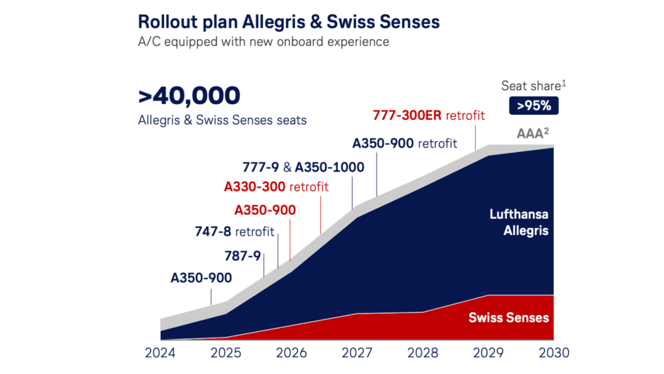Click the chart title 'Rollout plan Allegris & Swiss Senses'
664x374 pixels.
coord(289,22)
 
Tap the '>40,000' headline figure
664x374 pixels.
coord(189,96)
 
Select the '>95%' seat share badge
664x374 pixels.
coord(534,105)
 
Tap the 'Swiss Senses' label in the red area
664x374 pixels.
coord(508,318)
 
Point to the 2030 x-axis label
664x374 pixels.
coord(554,353)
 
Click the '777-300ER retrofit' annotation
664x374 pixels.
coord(429,116)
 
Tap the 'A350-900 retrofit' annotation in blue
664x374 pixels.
coord(405,143)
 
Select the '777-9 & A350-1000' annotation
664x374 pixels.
coord(303,167)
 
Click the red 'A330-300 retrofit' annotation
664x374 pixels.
coord(276,187)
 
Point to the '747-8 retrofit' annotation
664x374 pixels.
coord(234,231)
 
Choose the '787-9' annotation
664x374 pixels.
coord(242,255)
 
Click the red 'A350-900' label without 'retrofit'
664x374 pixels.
coord(265,210)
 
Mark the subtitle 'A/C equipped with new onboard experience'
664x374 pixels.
coord(263,42)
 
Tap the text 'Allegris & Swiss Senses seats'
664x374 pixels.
coord(222,120)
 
